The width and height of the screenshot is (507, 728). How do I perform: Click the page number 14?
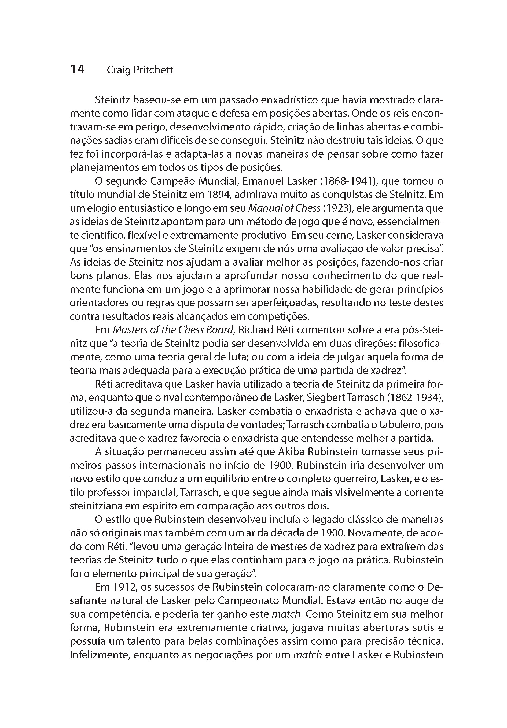(x=77, y=69)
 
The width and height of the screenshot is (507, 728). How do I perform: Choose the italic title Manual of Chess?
(x=284, y=208)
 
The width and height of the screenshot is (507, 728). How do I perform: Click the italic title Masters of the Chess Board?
(x=173, y=330)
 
